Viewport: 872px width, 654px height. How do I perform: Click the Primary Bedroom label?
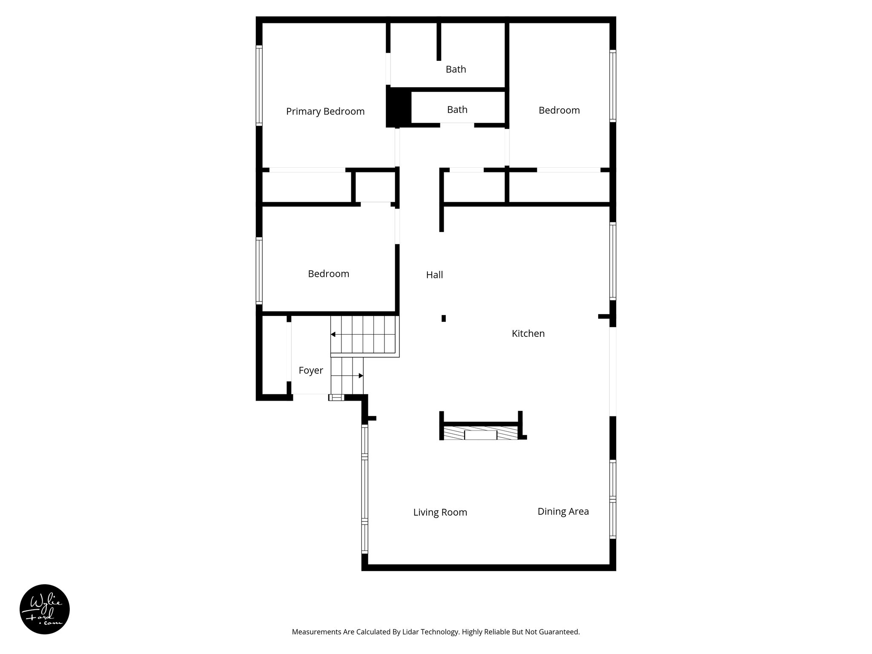click(325, 112)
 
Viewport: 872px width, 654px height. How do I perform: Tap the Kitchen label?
click(528, 333)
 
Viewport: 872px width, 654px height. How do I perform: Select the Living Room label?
click(440, 512)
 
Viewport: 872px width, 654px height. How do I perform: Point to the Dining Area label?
click(563, 511)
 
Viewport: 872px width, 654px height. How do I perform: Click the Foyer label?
click(311, 370)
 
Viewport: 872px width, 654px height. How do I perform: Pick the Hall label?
click(434, 275)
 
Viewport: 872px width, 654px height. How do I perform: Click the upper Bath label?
click(456, 69)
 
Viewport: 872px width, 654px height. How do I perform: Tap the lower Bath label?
click(457, 110)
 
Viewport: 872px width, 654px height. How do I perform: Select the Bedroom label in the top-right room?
click(559, 110)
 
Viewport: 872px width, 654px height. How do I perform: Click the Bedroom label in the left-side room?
click(328, 274)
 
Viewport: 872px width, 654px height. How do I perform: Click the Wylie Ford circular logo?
click(45, 609)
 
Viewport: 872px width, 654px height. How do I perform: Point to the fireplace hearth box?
click(480, 435)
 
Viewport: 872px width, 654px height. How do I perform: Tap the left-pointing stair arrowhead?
click(333, 334)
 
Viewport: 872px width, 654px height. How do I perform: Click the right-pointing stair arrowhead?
click(361, 376)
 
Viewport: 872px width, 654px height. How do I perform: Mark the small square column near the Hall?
click(443, 318)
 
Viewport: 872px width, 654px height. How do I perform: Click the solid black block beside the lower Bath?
click(398, 106)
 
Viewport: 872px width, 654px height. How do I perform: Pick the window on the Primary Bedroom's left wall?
click(259, 85)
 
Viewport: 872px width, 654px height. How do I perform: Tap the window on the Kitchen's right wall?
click(613, 261)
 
